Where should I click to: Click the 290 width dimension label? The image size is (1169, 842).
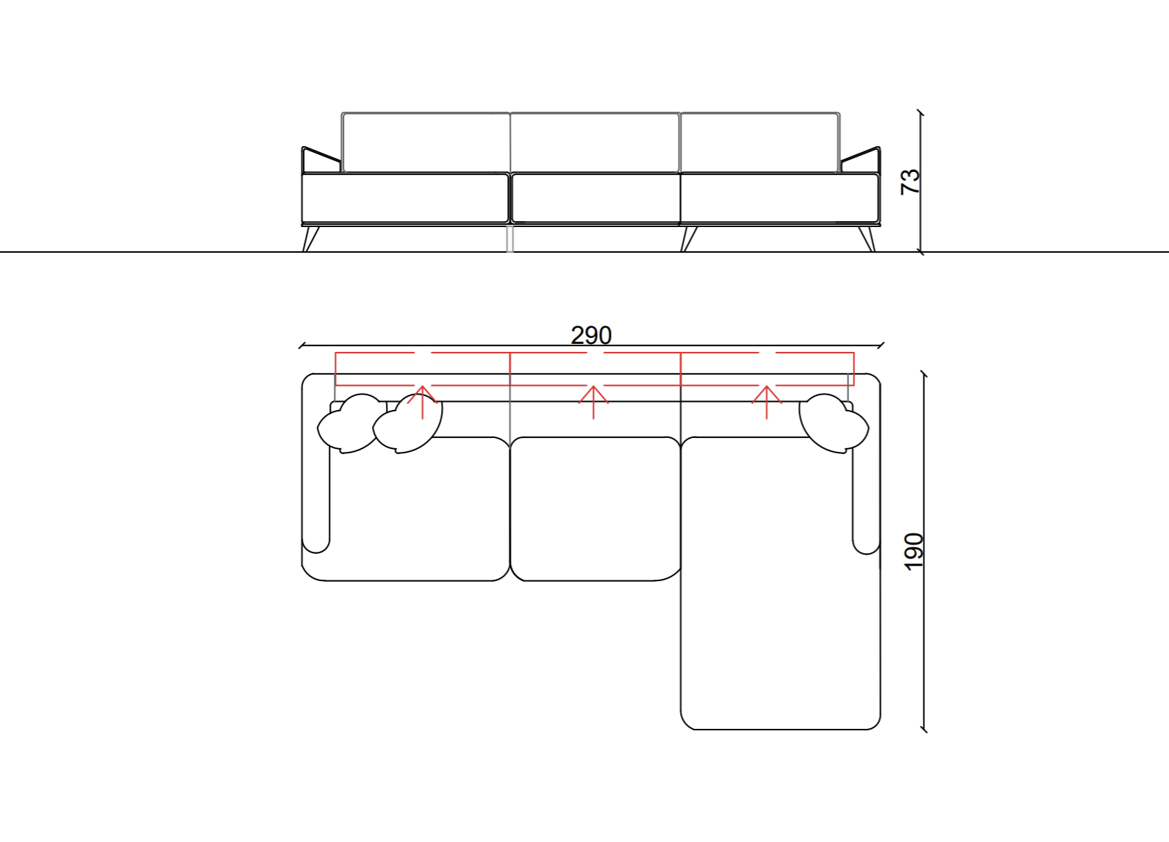click(591, 336)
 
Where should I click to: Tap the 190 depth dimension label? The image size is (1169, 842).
click(914, 552)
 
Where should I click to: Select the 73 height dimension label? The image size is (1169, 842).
click(911, 181)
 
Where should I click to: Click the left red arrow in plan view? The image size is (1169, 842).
click(422, 402)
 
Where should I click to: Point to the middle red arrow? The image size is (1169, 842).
click(593, 402)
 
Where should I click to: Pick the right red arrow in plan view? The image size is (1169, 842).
click(767, 402)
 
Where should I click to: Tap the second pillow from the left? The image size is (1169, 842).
click(407, 424)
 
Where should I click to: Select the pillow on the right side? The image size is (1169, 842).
click(834, 423)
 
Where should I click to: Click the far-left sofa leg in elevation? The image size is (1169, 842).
click(310, 239)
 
